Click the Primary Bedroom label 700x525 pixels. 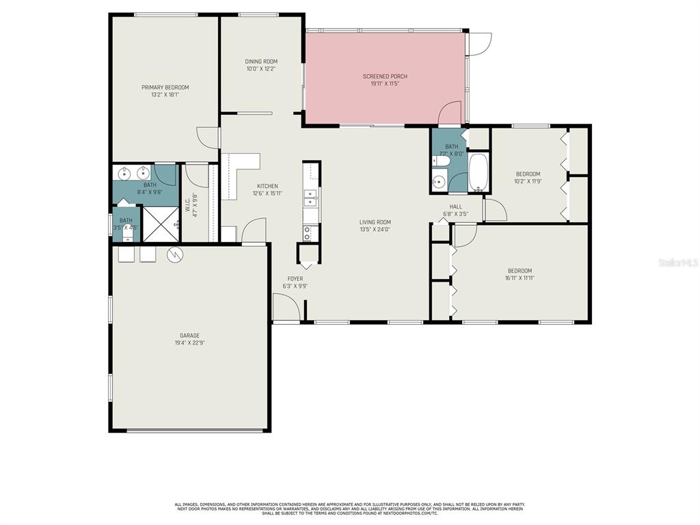click(x=165, y=87)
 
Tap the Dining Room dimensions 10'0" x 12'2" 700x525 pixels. click(x=261, y=69)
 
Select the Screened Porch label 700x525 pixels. click(x=385, y=77)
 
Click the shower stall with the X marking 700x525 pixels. click(x=160, y=224)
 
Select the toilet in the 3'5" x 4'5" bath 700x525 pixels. click(x=126, y=234)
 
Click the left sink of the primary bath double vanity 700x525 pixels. click(x=124, y=172)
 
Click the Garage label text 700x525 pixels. click(x=189, y=336)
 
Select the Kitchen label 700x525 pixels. click(x=267, y=186)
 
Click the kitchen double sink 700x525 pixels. click(x=311, y=198)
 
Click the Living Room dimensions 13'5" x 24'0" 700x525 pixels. click(x=375, y=230)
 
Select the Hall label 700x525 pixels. click(x=456, y=206)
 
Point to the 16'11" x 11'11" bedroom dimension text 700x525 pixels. click(x=519, y=278)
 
